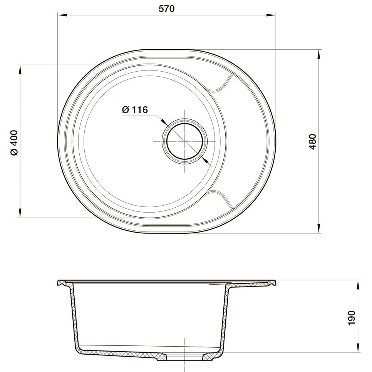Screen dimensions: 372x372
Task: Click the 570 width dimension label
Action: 166,8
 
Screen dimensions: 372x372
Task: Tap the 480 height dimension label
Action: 313,142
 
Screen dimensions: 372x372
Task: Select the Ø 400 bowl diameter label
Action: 14,142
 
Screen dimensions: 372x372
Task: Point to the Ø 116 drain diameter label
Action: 135,110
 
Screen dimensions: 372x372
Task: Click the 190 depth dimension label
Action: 352,318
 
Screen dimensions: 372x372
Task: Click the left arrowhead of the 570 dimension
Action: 62,15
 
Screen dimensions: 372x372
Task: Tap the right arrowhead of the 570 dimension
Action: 271,15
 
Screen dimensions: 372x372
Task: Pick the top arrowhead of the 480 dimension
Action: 319,54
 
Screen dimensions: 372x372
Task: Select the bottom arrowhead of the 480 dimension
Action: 319,228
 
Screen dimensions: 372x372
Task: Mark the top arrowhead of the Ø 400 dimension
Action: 20,70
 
